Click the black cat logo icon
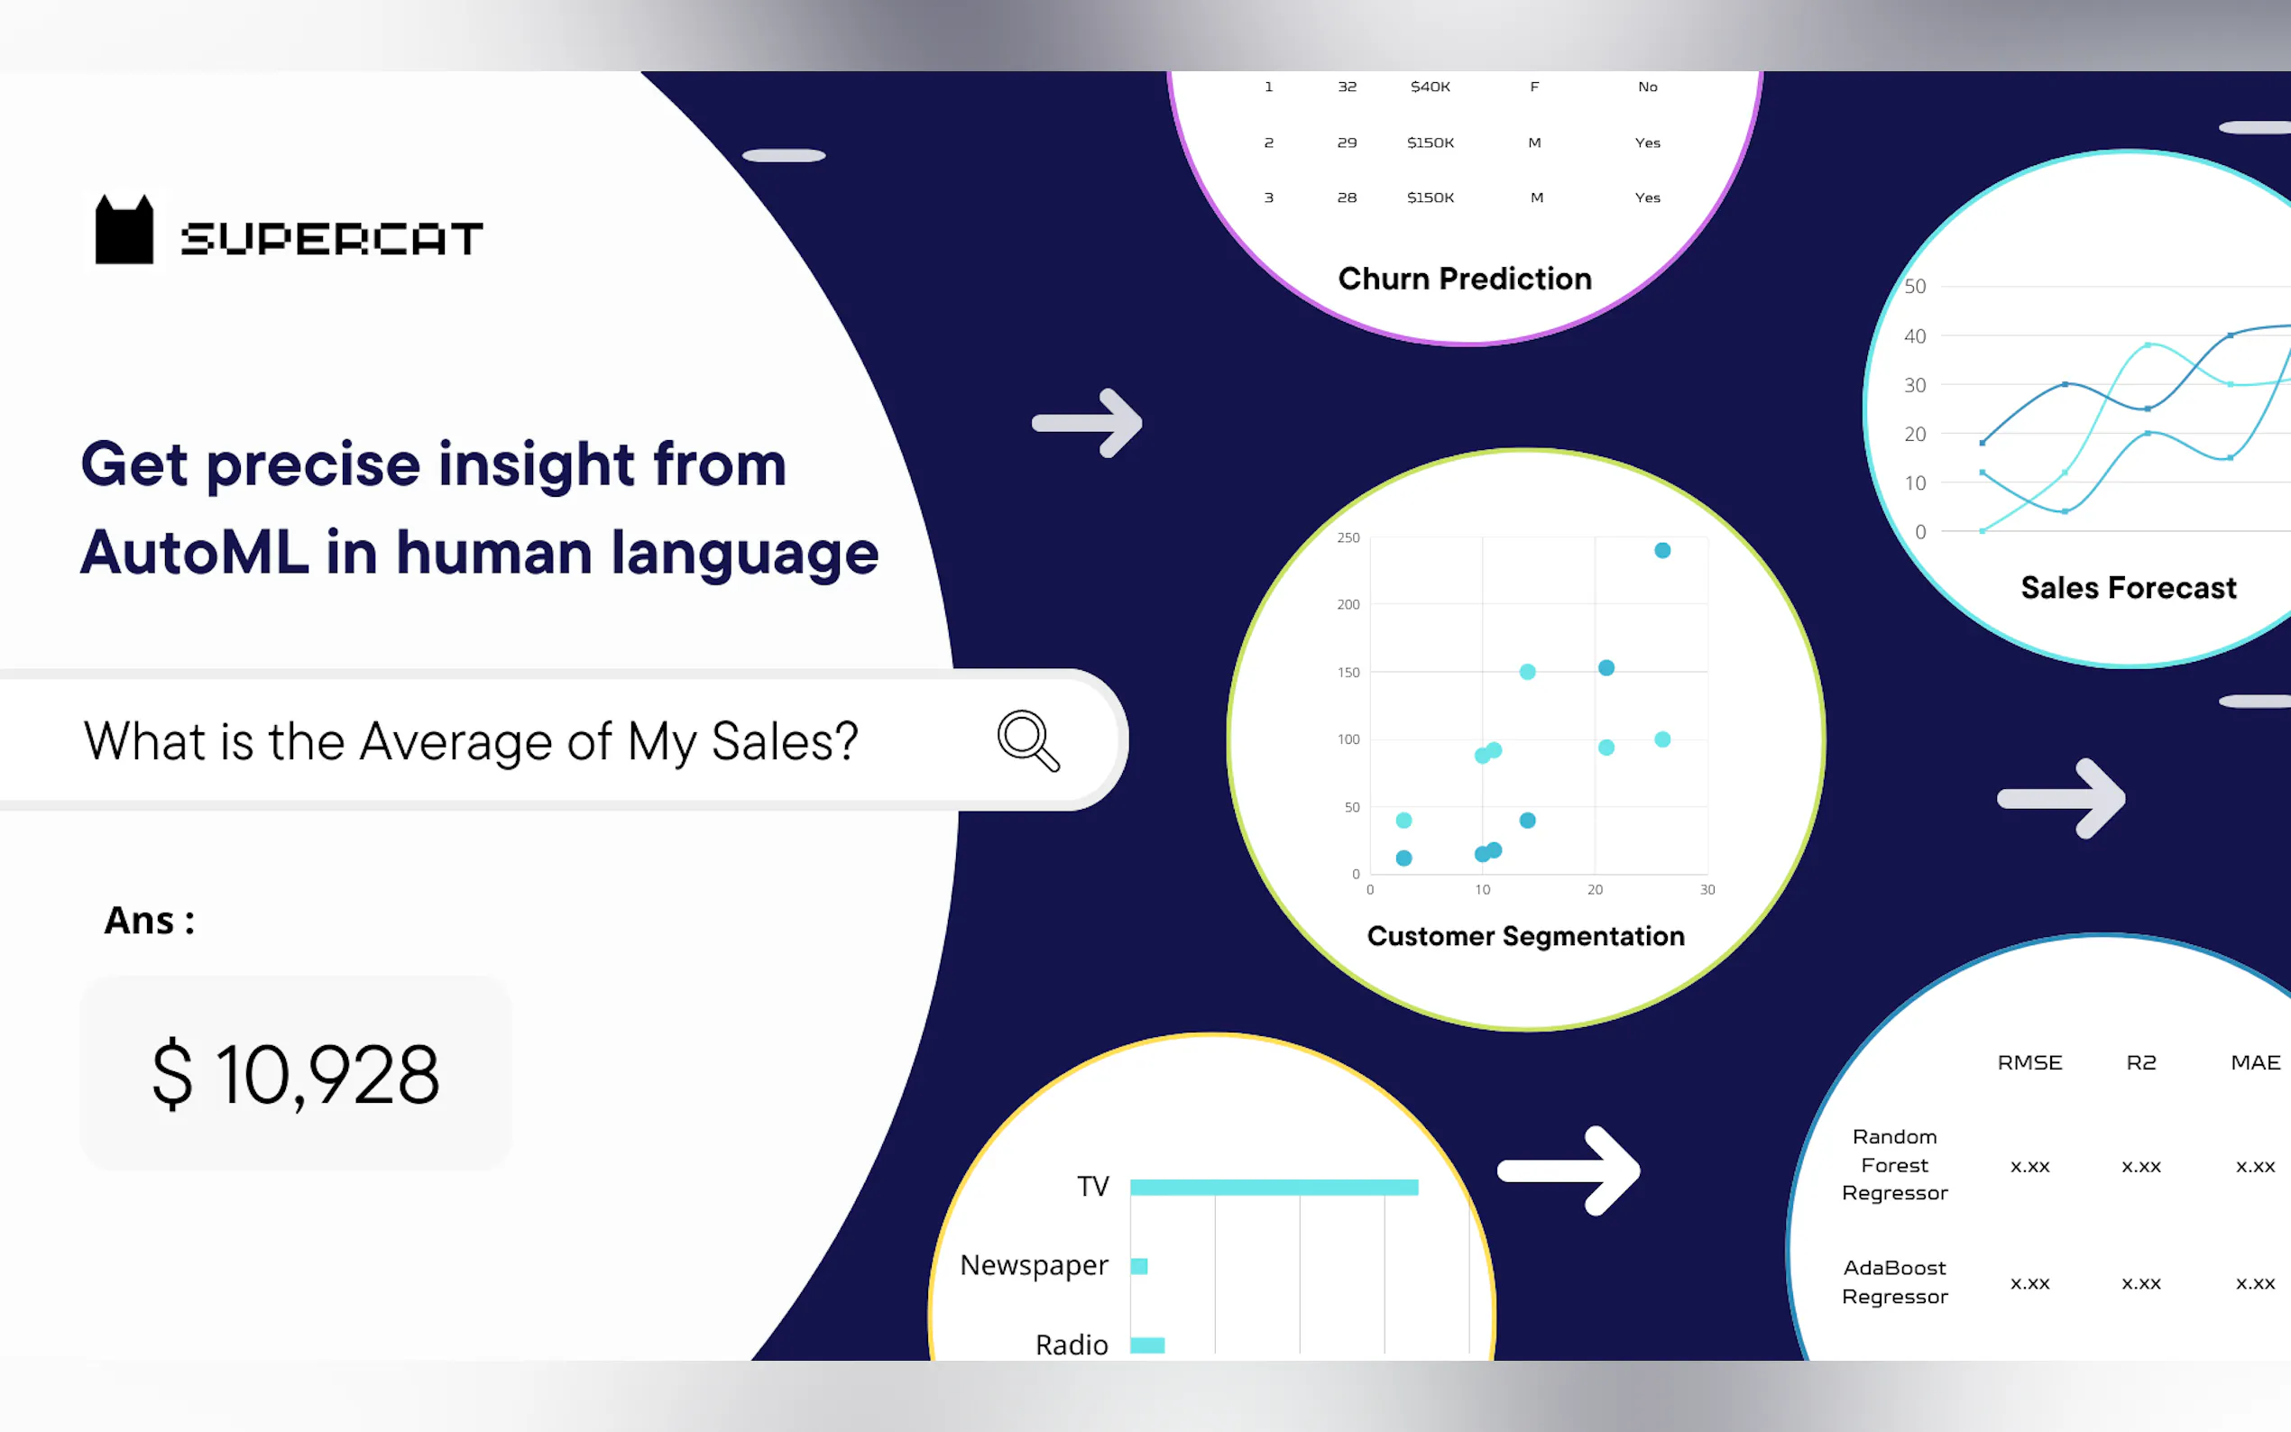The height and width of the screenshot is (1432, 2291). pos(124,229)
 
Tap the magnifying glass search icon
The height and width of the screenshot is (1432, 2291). pos(1027,740)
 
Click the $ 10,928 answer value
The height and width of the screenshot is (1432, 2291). pos(296,1074)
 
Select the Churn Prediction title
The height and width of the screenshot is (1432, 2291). pos(1464,279)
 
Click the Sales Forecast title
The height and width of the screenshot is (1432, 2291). pos(2128,587)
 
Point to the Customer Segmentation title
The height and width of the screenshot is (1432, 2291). pos(1526,936)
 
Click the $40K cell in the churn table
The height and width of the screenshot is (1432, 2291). pos(1431,87)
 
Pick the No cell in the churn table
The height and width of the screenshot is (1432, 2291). pos(1647,87)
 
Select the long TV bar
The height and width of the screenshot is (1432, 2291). pos(1274,1187)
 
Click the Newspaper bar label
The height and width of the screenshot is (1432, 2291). pos(1034,1265)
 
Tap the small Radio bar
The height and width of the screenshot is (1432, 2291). pos(1147,1345)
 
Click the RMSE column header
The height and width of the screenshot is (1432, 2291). pos(2029,1062)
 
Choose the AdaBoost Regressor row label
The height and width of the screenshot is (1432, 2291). pos(1894,1281)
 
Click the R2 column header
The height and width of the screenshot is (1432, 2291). pos(2140,1062)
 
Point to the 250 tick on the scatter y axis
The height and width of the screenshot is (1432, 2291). pos(1348,537)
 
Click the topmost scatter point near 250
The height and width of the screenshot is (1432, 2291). pos(1662,550)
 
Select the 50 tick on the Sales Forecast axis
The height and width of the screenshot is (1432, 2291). pos(1915,286)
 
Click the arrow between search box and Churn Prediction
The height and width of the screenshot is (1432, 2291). pos(1087,422)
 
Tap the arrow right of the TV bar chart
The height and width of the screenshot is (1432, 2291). pos(1569,1170)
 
